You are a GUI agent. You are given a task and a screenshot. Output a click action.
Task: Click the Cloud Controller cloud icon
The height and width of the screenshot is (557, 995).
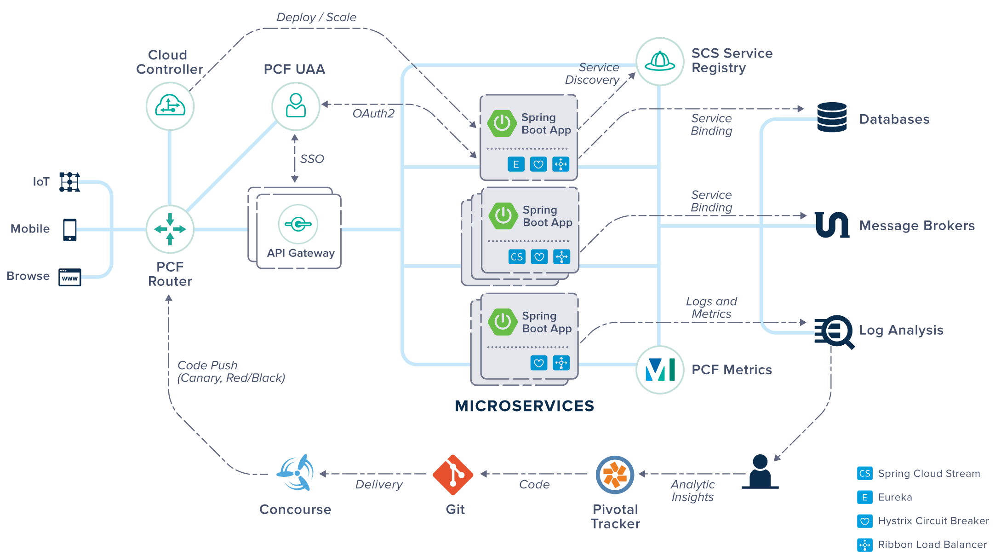(170, 106)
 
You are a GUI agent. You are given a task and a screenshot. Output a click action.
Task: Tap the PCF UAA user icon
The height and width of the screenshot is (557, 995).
(296, 106)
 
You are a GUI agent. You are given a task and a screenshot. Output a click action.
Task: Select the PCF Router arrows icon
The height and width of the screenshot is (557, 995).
(170, 229)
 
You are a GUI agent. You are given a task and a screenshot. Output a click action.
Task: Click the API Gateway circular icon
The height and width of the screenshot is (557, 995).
(298, 224)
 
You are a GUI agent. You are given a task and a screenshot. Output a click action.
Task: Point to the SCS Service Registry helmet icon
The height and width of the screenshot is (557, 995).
(660, 61)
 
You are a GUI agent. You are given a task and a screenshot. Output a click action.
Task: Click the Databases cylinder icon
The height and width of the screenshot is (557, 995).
(832, 117)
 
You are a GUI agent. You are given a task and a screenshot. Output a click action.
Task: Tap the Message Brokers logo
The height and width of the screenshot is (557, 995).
(832, 225)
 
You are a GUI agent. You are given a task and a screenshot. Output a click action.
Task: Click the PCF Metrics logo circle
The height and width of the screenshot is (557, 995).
(660, 370)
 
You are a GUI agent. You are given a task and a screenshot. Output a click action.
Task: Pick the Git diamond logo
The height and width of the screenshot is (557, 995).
(453, 475)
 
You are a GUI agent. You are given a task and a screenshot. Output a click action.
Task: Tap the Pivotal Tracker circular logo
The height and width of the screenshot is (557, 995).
(615, 475)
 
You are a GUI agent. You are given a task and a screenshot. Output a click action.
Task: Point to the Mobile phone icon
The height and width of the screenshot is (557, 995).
(70, 230)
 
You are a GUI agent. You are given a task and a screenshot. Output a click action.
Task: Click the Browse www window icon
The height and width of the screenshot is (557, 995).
(70, 277)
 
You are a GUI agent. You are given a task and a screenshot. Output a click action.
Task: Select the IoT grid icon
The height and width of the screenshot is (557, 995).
(70, 182)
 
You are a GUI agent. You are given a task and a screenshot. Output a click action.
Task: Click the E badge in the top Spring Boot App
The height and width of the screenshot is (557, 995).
(516, 164)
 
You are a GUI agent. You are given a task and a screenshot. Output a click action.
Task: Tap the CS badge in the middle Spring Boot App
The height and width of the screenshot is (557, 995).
(517, 257)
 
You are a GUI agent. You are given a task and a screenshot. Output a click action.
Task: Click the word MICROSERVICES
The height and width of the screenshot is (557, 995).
(525, 406)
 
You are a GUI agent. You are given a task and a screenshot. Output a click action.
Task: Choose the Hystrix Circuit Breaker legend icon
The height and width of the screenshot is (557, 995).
(865, 521)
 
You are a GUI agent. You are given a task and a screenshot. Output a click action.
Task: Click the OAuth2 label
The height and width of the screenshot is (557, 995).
(373, 114)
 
